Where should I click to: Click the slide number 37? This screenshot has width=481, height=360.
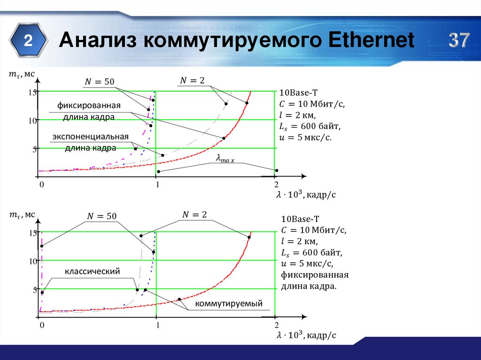point(458,41)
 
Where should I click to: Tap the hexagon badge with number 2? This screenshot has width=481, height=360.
point(29,41)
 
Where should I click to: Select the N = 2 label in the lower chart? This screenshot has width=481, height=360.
point(194,214)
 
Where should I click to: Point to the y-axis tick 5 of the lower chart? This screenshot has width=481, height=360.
point(34,290)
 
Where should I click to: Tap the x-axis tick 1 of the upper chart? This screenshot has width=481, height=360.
point(158,184)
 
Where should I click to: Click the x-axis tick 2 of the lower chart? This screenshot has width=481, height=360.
point(277,325)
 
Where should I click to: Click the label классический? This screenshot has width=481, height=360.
point(93,271)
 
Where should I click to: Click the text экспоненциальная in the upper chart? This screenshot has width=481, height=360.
point(91,137)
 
